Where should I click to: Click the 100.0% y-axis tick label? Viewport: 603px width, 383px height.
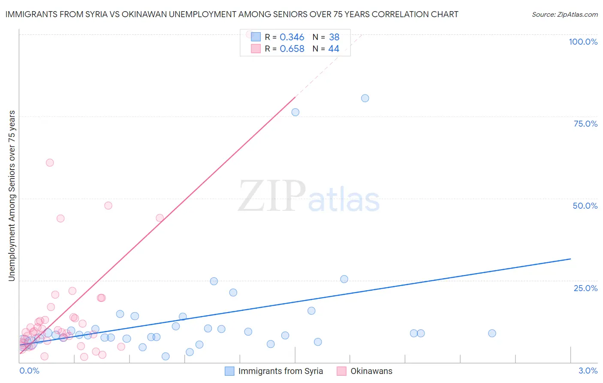(x=583, y=42)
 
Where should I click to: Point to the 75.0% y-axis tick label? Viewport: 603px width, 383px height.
(x=585, y=124)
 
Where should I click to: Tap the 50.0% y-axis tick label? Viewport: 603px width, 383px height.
(x=585, y=206)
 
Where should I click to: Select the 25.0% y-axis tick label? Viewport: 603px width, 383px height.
(x=585, y=288)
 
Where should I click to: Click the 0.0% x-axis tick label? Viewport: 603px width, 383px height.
(x=29, y=371)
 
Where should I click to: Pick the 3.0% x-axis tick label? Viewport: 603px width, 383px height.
(x=588, y=371)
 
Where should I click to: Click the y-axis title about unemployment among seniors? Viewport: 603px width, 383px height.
(x=12, y=196)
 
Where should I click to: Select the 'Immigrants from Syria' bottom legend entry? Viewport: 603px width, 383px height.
(x=280, y=371)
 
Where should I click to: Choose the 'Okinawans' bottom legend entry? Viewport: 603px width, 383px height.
(x=371, y=371)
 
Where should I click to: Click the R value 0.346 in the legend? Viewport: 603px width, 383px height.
(x=292, y=37)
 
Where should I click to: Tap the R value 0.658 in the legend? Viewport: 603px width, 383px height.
(x=292, y=49)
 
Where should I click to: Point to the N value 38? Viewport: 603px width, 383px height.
(x=334, y=37)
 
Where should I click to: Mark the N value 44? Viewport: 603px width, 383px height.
(x=334, y=49)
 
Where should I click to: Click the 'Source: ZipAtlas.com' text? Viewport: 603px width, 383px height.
(x=564, y=14)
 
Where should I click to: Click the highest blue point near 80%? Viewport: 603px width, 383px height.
(x=365, y=98)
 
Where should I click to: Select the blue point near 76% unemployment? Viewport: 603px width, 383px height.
(x=295, y=112)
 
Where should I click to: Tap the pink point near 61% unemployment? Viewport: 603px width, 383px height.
(x=50, y=163)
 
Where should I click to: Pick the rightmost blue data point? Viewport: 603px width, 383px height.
(x=492, y=333)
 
